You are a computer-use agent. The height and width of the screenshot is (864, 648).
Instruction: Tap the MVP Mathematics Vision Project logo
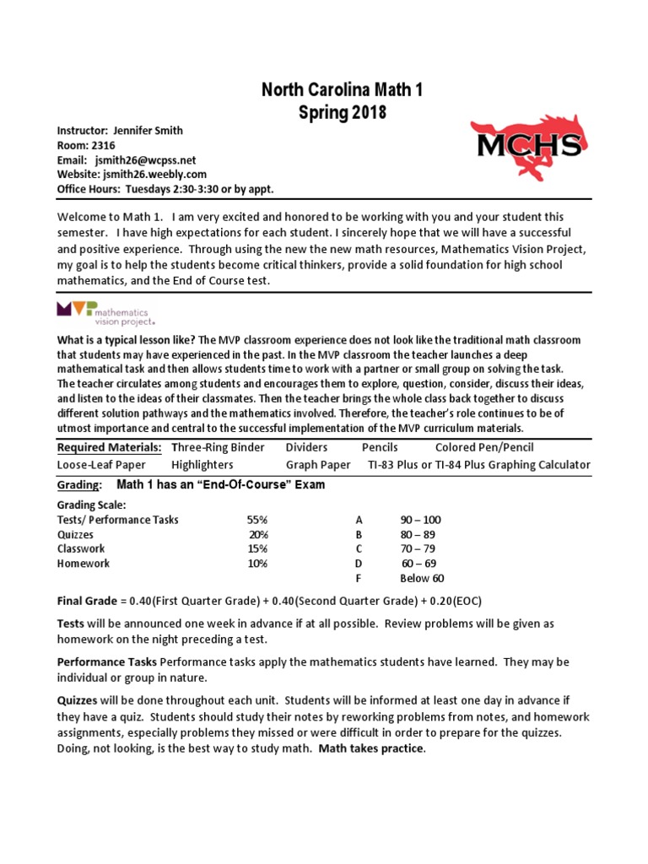106,312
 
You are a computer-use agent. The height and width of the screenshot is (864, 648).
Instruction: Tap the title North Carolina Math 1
324,91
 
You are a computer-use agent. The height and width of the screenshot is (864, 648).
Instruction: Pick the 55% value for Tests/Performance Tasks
257,520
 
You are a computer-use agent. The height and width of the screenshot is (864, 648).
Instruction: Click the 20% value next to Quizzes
257,534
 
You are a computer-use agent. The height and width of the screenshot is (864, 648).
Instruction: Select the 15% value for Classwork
257,548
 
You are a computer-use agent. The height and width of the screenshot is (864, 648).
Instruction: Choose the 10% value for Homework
257,563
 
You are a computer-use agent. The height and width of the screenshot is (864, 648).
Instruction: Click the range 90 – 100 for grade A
420,520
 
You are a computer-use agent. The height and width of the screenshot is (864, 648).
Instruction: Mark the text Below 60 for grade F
422,578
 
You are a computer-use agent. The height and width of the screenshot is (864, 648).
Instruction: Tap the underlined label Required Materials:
109,447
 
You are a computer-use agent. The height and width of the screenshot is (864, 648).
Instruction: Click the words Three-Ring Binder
218,447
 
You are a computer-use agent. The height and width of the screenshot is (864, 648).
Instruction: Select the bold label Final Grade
87,601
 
